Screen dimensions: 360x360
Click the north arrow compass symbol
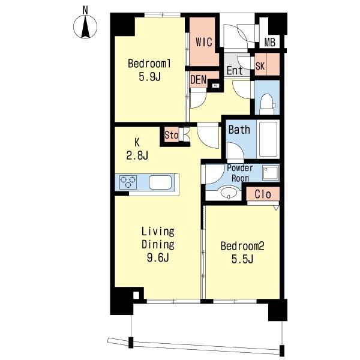click(x=85, y=26)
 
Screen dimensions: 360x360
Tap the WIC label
click(x=204, y=42)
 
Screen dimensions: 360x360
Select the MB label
click(x=269, y=43)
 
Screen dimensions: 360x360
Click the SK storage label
click(x=260, y=66)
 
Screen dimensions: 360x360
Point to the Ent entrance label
click(x=235, y=70)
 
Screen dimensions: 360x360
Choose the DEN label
click(x=199, y=80)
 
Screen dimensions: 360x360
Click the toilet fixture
click(x=267, y=104)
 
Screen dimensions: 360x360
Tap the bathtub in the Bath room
click(x=268, y=139)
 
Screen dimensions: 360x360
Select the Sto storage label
click(x=172, y=135)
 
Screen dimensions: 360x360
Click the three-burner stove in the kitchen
click(x=128, y=182)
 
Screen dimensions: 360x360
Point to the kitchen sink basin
click(x=160, y=182)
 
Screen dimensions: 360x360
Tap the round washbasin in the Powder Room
click(x=228, y=192)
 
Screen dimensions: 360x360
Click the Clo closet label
click(x=263, y=194)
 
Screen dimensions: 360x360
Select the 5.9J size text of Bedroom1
click(x=149, y=77)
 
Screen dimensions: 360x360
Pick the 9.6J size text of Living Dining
click(x=158, y=257)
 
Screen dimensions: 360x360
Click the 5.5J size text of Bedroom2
click(x=242, y=259)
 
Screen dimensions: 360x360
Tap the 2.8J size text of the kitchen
click(x=137, y=155)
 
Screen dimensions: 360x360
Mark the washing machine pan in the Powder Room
click(x=271, y=173)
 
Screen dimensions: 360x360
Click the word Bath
click(x=239, y=130)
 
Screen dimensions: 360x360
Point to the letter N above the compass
click(x=85, y=10)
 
